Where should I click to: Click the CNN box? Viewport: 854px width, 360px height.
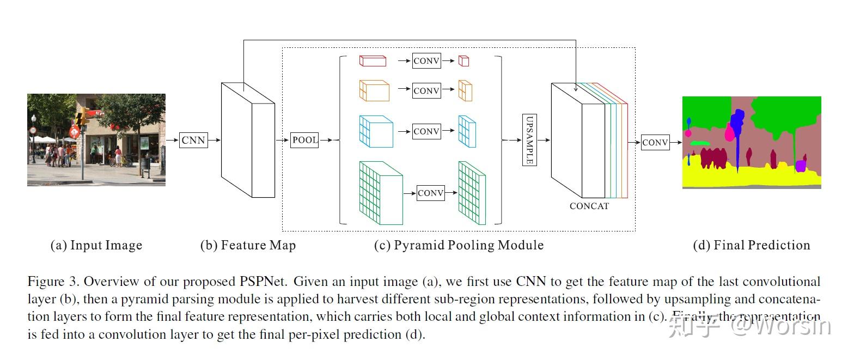tap(193, 140)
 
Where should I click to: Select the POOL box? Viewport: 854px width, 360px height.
tap(304, 140)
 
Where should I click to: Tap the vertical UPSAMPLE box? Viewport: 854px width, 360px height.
tap(529, 140)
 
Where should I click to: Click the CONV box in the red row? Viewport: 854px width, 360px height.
tap(426, 61)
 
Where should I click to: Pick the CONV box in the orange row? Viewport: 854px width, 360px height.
tap(426, 90)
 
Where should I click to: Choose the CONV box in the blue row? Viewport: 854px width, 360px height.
tap(426, 131)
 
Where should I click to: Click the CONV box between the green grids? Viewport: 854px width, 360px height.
tap(430, 193)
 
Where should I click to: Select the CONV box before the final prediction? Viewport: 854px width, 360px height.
tap(655, 143)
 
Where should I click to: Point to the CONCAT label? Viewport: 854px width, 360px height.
tap(589, 206)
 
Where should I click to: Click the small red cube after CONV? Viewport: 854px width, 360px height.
tap(463, 61)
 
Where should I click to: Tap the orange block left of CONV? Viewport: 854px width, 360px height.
tap(374, 90)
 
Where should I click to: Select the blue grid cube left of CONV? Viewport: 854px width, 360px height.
tap(376, 131)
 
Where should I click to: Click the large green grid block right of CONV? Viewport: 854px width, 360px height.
tap(472, 193)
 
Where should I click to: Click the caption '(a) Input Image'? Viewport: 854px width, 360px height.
tap(96, 245)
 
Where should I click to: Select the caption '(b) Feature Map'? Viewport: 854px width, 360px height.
tap(248, 245)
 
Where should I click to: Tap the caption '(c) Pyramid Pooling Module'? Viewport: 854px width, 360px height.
tap(459, 245)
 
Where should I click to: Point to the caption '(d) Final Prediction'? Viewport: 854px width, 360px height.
tap(751, 245)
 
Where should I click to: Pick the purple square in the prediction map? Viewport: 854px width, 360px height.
tap(800, 166)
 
